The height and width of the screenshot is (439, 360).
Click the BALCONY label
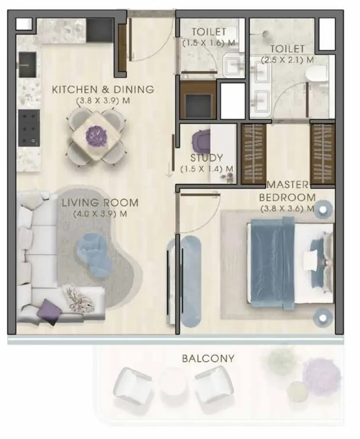(208, 359)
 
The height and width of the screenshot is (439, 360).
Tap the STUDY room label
(206, 158)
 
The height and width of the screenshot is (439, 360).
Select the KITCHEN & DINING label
(103, 89)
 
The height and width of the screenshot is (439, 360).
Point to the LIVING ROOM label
(100, 203)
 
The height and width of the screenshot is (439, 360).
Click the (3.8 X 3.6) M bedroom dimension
(287, 209)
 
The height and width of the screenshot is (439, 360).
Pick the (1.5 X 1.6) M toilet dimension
(209, 43)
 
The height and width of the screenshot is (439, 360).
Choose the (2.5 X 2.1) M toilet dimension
(287, 60)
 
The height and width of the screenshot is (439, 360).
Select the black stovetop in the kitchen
(29, 128)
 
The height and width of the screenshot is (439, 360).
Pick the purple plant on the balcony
(321, 374)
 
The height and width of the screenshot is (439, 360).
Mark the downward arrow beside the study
(169, 170)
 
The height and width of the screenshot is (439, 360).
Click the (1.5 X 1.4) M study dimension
(206, 169)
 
